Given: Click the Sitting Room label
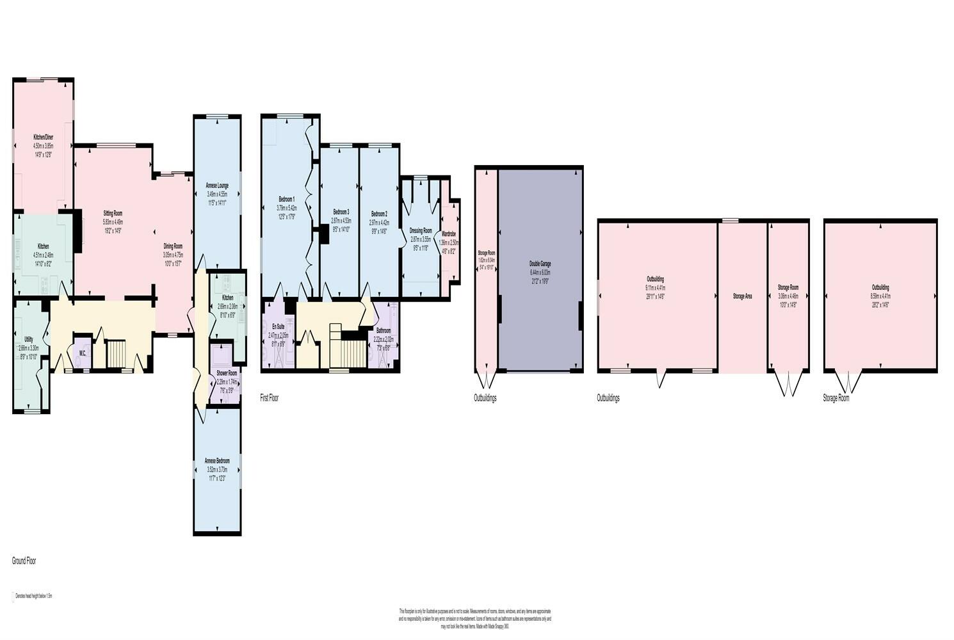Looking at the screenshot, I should [113, 213].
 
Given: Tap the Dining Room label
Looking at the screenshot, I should [173, 246].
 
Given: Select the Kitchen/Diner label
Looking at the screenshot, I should [43, 138].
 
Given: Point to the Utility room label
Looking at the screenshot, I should [29, 339].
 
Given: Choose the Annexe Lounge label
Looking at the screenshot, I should [217, 186].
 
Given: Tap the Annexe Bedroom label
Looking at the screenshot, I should [217, 461].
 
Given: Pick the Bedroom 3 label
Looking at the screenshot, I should [341, 212].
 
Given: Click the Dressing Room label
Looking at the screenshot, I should [421, 230].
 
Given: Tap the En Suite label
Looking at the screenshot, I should [278, 326].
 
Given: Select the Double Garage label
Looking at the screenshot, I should [540, 264].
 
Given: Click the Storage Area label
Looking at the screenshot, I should [742, 296].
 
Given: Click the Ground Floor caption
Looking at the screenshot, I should [24, 561].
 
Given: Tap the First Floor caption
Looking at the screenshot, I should [270, 398].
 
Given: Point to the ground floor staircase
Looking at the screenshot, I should [117, 354].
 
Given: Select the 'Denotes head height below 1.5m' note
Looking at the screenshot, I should [33, 596].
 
